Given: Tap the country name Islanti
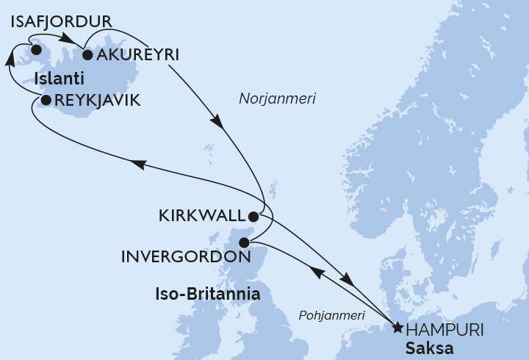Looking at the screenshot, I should (x=58, y=79).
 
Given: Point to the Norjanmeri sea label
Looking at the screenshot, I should (x=277, y=98).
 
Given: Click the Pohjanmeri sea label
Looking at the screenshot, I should (x=332, y=315).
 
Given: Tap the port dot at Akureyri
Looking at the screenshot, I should (x=87, y=54).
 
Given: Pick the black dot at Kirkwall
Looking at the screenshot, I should (x=253, y=217).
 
